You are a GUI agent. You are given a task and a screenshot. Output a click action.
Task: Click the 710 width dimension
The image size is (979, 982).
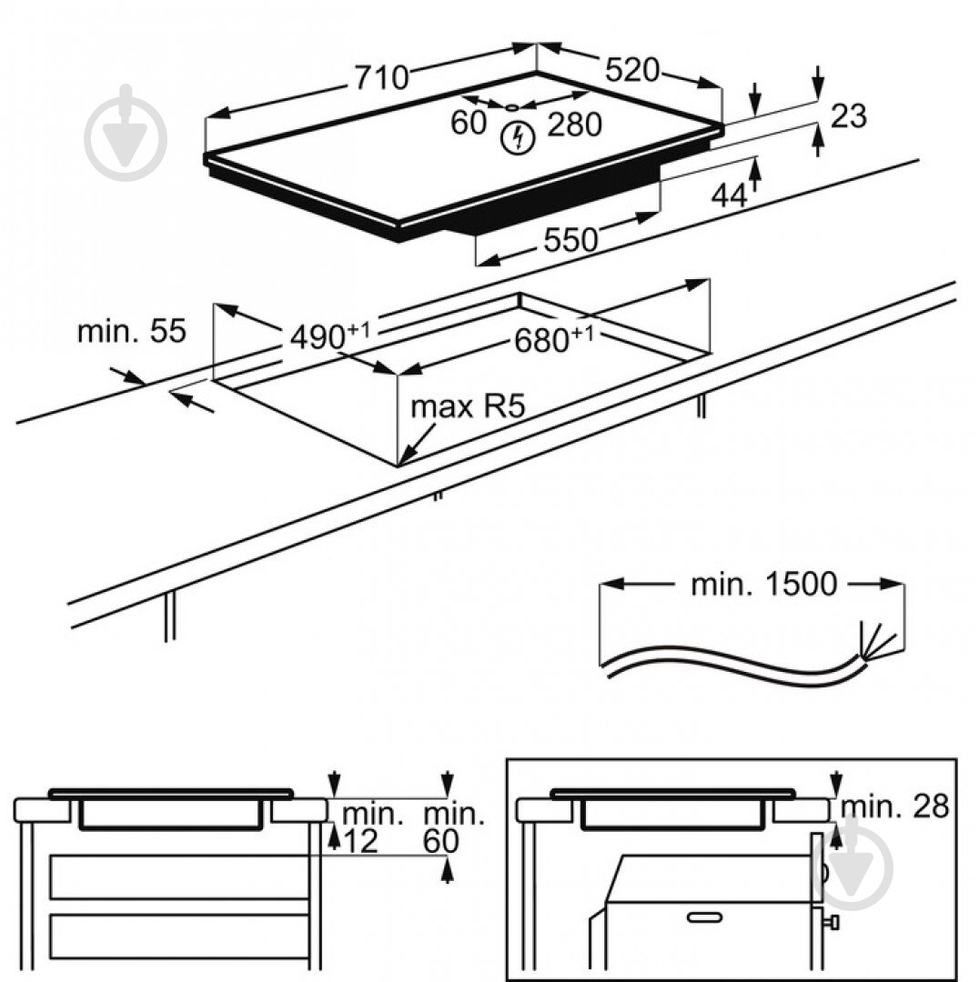[381, 78]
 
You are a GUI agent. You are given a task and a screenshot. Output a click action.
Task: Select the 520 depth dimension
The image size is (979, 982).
[631, 69]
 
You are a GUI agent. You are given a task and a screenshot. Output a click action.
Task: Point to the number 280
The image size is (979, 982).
[574, 125]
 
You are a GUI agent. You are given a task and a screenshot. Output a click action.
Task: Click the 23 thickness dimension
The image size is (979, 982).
[848, 116]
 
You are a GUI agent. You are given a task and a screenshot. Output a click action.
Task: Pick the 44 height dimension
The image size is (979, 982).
[729, 195]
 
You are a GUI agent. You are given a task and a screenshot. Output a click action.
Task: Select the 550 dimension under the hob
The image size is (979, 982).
[570, 240]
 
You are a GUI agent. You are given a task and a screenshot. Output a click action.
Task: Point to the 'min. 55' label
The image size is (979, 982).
[131, 331]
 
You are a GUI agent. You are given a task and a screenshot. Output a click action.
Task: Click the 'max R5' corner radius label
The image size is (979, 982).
[469, 406]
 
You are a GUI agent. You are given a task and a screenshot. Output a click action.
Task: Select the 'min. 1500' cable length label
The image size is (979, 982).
[762, 585]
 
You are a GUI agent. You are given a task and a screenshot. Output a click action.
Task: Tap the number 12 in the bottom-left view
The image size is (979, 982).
[360, 842]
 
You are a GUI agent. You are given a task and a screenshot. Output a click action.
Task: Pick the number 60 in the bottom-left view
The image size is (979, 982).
[440, 842]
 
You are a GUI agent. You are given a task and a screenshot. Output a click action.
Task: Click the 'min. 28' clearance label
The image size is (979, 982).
[894, 806]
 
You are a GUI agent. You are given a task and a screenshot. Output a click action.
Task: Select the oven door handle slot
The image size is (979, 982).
[704, 917]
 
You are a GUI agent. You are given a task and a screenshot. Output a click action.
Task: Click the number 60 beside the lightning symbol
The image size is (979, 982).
[469, 123]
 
